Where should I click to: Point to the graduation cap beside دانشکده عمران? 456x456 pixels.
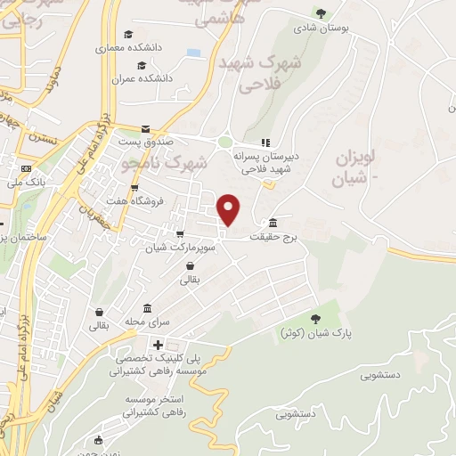point(141,65)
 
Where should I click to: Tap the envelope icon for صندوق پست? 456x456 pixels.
point(145,129)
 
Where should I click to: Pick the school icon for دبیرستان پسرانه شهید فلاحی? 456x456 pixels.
point(265,142)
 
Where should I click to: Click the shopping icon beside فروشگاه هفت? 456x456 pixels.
point(134,188)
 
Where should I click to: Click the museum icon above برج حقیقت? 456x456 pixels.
point(271,223)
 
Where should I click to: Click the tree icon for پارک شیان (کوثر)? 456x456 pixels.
point(314,319)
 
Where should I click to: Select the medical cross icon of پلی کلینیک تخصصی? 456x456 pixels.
point(158,345)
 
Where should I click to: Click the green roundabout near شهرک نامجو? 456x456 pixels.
point(225,142)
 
